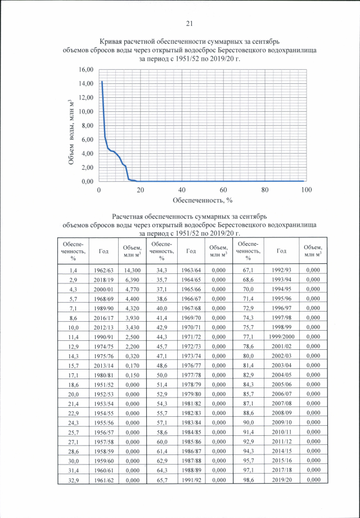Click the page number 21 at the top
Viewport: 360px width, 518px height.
pos(189,23)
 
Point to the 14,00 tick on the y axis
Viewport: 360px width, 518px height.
pos(85,83)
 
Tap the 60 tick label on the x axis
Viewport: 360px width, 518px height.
pos(223,190)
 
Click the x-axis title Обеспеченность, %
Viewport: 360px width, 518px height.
pos(202,200)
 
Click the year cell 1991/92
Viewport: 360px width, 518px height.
pos(192,480)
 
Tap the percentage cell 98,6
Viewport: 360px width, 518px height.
pos(247,480)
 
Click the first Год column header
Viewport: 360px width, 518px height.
pos(103,251)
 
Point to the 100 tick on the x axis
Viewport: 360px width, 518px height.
pos(306,190)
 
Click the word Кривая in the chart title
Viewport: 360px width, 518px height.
pos(112,42)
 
